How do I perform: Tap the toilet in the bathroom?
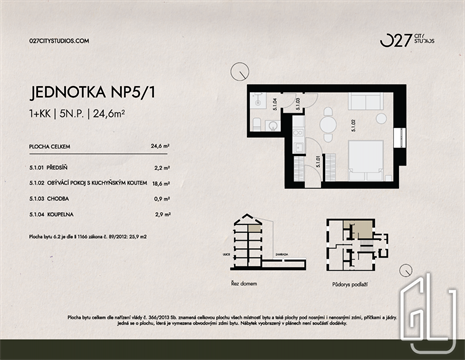point(256,124)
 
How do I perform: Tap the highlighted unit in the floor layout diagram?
point(345,229)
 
